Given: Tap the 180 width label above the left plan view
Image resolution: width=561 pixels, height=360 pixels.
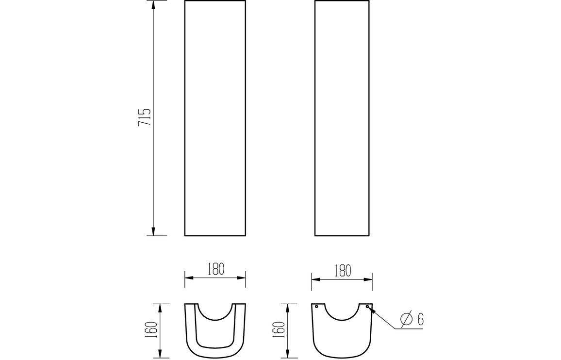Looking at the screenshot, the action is point(216,269).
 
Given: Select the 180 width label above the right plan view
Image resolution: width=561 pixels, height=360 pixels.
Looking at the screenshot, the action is point(343,271).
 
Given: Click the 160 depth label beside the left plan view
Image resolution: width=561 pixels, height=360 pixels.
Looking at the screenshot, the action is point(152,329).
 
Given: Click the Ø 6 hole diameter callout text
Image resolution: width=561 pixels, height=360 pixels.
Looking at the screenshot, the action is point(412,319).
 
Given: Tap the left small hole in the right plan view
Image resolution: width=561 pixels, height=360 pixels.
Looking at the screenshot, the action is point(316,307).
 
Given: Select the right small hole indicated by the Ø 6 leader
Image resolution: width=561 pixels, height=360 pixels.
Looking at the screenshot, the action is point(367,307).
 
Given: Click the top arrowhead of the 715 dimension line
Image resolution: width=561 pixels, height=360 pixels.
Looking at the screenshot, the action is point(153,5).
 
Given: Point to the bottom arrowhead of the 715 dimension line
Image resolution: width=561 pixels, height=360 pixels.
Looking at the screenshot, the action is point(153,231).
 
